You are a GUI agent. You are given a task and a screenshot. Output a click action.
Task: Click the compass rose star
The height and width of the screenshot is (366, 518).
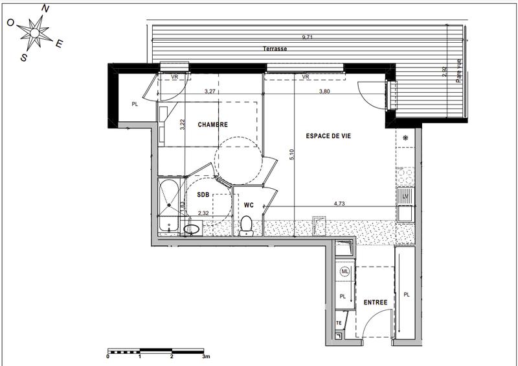[x=34, y=31]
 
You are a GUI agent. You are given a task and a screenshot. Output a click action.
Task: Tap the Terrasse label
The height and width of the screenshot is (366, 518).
[x=275, y=49]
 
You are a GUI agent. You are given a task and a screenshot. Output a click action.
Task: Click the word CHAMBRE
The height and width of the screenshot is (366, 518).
[x=213, y=125]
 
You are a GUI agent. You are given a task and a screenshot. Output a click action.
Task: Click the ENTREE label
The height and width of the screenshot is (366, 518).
[x=375, y=302]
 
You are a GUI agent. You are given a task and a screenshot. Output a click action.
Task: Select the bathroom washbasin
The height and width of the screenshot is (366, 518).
[x=192, y=228]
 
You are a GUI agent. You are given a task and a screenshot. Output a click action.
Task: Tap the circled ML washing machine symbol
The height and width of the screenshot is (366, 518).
[x=344, y=272]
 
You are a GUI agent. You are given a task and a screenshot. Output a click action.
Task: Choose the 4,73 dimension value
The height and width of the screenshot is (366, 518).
[x=339, y=203]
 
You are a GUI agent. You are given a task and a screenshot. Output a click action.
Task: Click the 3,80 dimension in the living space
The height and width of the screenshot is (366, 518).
[x=324, y=91]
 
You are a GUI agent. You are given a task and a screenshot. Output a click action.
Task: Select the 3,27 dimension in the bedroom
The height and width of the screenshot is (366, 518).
[x=210, y=91]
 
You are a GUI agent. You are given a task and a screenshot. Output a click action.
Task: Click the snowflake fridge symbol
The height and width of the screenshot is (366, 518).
[x=405, y=138]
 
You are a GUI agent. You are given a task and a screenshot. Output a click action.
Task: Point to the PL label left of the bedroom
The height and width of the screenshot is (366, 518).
[x=135, y=104]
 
